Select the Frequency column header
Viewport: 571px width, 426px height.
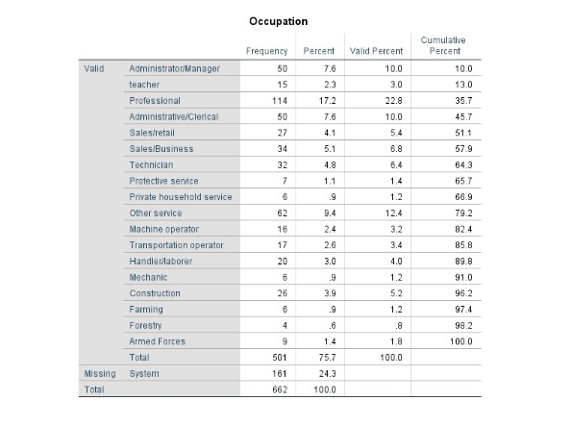(266, 50)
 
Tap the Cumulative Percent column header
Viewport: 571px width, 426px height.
(440, 45)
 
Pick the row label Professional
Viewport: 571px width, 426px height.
(154, 100)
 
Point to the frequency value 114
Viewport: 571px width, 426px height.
(280, 100)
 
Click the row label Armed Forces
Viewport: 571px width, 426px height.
(157, 341)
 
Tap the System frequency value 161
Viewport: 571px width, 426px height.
(280, 374)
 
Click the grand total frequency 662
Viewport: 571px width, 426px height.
(280, 390)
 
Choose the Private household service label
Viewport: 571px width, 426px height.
(180, 196)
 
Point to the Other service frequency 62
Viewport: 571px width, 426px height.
(283, 213)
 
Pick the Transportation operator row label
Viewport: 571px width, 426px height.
(176, 245)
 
